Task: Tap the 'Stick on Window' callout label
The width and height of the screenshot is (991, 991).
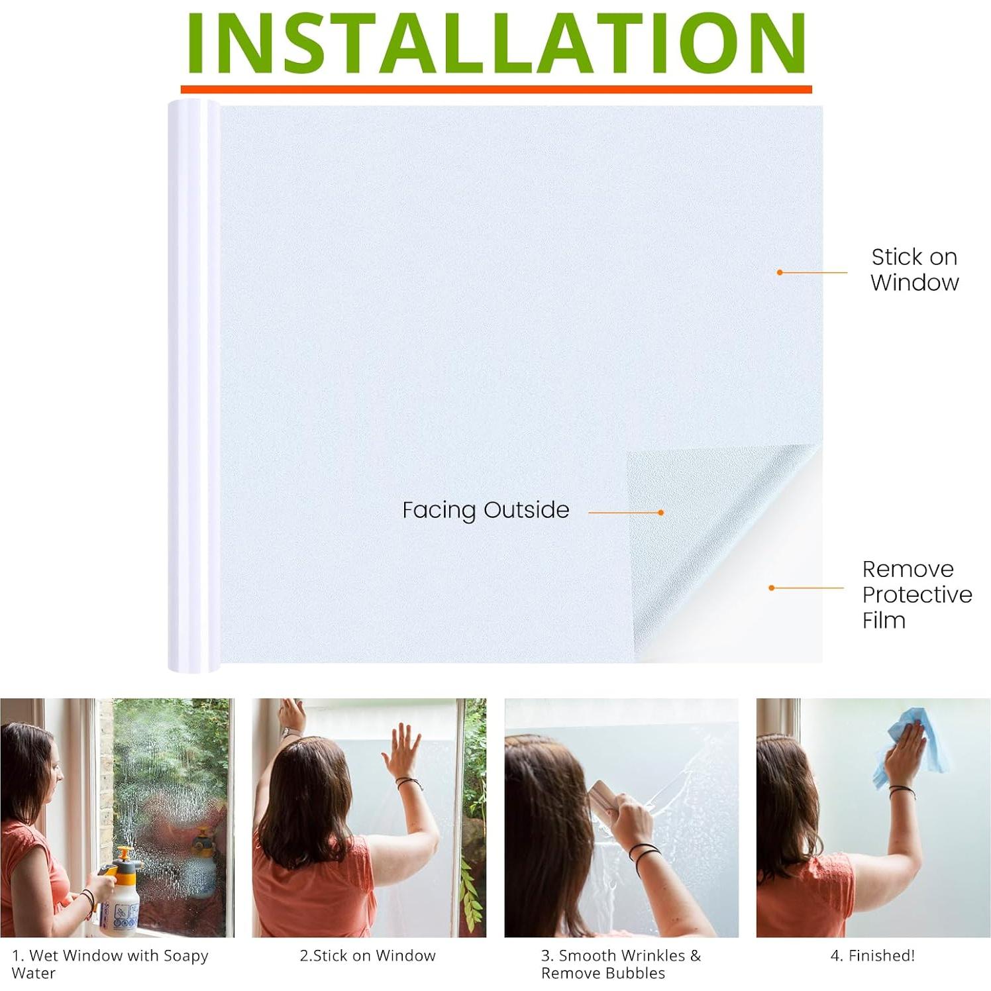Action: tap(914, 270)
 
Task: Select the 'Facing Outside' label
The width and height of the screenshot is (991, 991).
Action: tap(486, 510)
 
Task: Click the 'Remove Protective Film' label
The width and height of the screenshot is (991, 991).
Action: tap(917, 594)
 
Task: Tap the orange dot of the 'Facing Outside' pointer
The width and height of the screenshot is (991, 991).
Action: tap(660, 513)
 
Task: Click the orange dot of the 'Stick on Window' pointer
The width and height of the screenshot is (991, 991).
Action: tap(780, 272)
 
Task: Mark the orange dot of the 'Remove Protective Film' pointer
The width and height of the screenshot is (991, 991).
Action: tap(772, 588)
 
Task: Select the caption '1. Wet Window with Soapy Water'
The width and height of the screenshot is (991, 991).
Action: tap(110, 964)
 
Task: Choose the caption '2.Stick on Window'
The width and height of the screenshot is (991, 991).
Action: tap(368, 955)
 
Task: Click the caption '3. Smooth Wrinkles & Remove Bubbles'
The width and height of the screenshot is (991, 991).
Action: tap(621, 964)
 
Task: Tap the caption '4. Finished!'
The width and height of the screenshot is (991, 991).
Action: tap(872, 955)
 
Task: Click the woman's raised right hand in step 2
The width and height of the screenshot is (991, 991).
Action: tap(405, 749)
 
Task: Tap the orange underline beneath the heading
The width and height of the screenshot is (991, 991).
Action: tap(496, 89)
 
